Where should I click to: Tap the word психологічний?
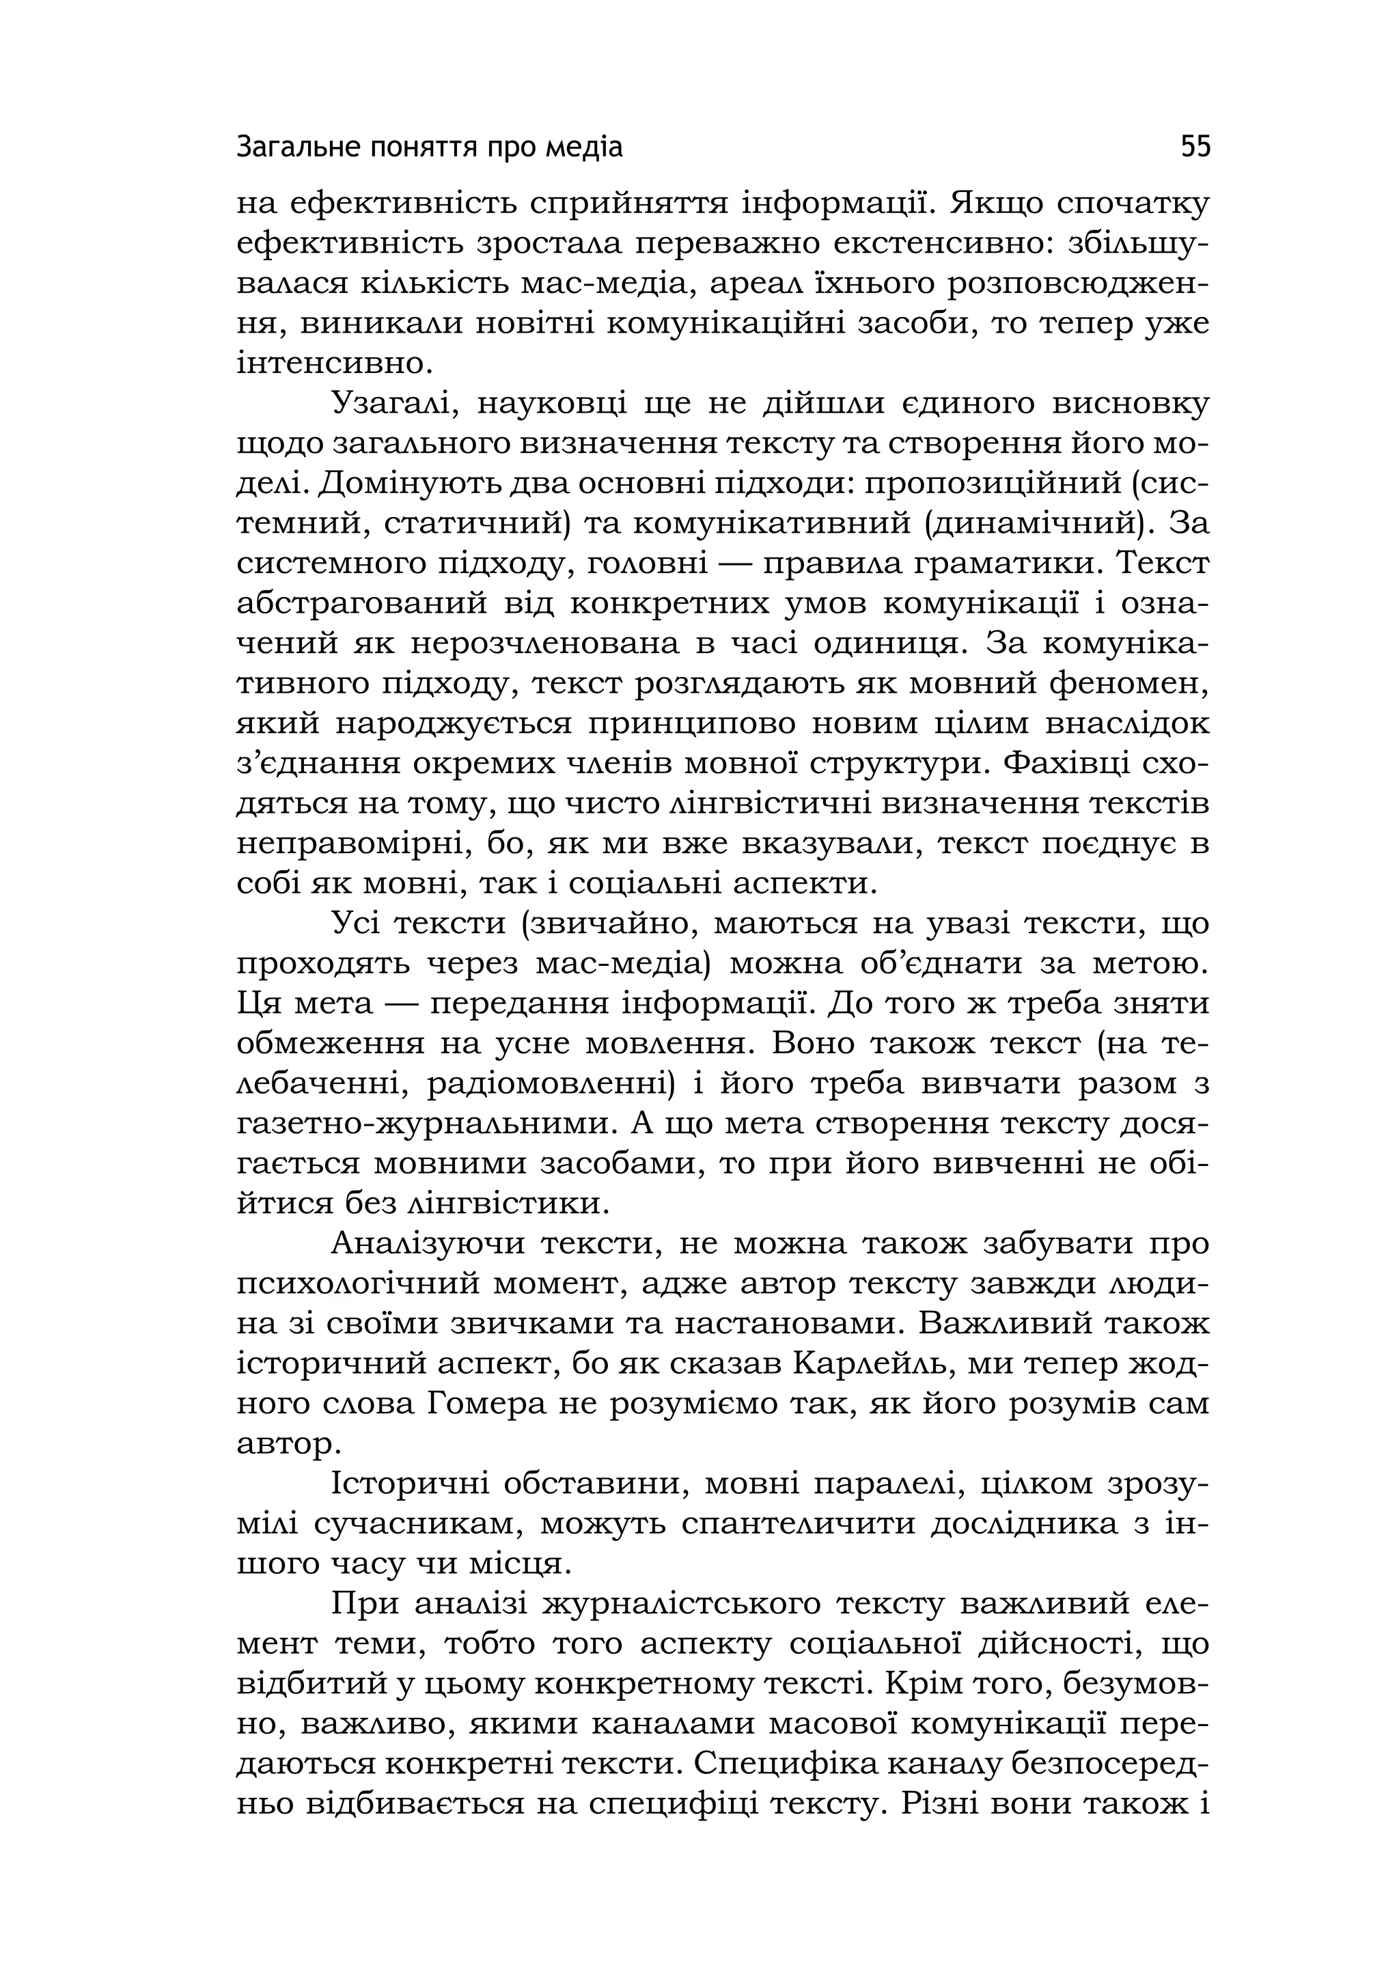357,1284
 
